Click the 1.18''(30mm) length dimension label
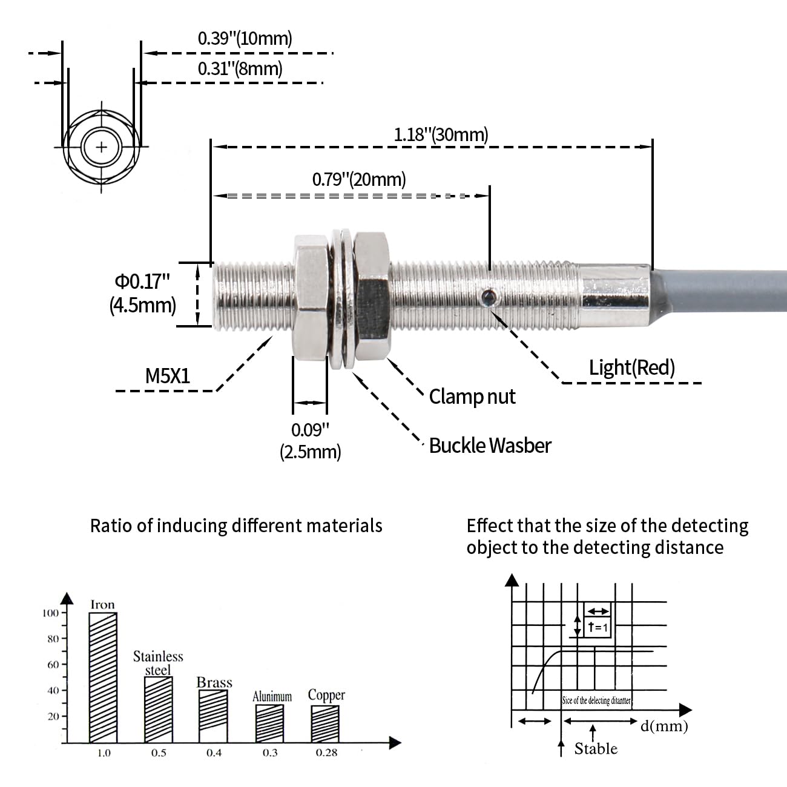[x=441, y=134]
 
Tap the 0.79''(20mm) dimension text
[x=359, y=179]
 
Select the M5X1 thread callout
[x=168, y=376]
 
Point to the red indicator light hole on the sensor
[x=487, y=297]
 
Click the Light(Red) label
[x=631, y=367]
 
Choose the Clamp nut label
[x=472, y=397]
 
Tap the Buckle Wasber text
[x=490, y=446]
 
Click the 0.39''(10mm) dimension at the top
[x=245, y=39]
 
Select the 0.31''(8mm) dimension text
[x=240, y=68]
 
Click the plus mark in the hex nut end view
[x=102, y=147]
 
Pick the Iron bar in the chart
[x=103, y=677]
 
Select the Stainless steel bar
[x=158, y=709]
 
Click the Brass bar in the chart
[x=214, y=716]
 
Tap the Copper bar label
[x=326, y=695]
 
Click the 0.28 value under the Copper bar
[x=326, y=752]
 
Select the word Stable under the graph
[x=596, y=749]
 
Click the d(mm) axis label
[x=664, y=725]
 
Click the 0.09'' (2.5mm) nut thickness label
[x=310, y=441]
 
